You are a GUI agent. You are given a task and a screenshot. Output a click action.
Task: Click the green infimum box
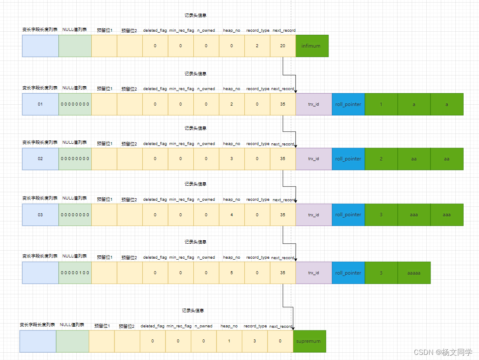point(312,46)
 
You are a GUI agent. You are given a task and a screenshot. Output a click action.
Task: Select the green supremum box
point(309,341)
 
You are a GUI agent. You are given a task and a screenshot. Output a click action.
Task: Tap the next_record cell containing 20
point(283,46)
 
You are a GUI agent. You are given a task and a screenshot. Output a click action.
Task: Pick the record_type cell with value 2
point(257,46)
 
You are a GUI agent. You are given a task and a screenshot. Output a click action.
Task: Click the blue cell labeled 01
point(40,104)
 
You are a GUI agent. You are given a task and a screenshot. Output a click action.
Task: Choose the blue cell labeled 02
point(40,159)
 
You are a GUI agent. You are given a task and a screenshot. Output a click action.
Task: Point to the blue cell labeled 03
point(40,215)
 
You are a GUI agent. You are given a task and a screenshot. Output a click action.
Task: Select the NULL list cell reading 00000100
point(75,273)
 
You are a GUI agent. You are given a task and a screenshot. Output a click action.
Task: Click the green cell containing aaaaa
point(414,273)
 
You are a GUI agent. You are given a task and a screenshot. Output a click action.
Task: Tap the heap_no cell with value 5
point(232,273)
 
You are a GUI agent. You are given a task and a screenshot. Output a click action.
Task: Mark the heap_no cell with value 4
point(232,215)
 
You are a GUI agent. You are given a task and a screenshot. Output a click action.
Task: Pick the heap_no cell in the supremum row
point(229,341)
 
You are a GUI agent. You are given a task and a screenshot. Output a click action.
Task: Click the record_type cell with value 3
point(255,341)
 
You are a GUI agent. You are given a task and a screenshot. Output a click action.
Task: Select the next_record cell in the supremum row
point(280,341)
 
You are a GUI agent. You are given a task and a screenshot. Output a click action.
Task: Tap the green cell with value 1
point(381,104)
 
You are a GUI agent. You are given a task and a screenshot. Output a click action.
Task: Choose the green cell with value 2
point(381,159)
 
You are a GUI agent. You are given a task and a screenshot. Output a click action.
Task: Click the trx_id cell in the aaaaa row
point(313,273)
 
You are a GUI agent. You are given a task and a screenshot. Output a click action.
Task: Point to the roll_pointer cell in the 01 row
point(348,104)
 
